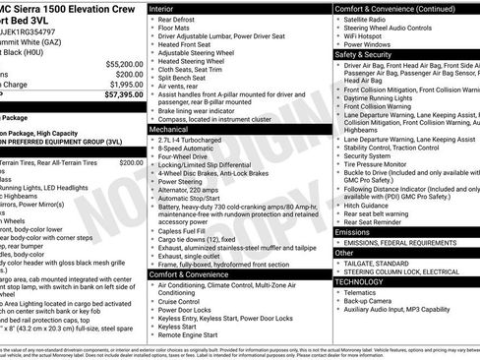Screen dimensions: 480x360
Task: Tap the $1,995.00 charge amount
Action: click(122, 85)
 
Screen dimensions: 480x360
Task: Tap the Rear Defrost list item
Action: click(180, 19)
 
